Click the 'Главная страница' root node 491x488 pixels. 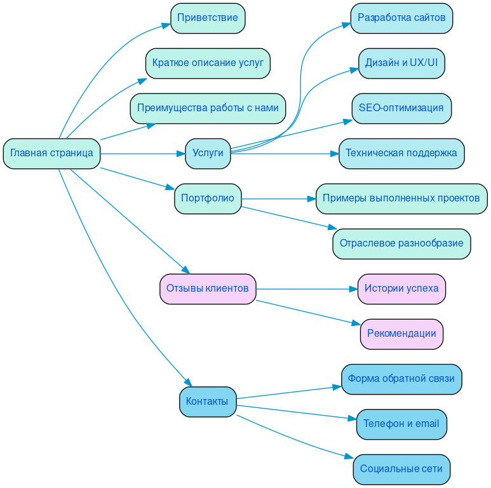pyautogui.click(x=51, y=153)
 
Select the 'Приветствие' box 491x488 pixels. pyautogui.click(x=208, y=18)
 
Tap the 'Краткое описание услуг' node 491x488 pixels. pyautogui.click(x=208, y=63)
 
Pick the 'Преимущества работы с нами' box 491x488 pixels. pyautogui.click(x=208, y=108)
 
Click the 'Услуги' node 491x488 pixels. pyautogui.click(x=208, y=153)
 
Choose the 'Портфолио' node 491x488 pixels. pyautogui.click(x=208, y=198)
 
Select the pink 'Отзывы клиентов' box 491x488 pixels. pyautogui.click(x=208, y=288)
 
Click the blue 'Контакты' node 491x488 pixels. pyautogui.click(x=208, y=402)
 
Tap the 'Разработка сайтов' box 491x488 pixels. pyautogui.click(x=401, y=18)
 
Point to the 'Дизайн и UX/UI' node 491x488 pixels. pyautogui.click(x=401, y=63)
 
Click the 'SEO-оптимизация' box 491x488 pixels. pyautogui.click(x=401, y=108)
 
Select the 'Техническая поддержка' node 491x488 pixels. pyautogui.click(x=401, y=153)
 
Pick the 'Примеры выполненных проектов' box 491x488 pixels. pyautogui.click(x=401, y=198)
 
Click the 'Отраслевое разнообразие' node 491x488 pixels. pyautogui.click(x=401, y=243)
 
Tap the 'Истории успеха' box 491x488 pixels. pyautogui.click(x=401, y=288)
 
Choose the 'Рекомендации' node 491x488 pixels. pyautogui.click(x=401, y=334)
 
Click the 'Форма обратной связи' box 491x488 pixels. pyautogui.click(x=401, y=379)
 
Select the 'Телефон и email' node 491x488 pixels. pyautogui.click(x=401, y=424)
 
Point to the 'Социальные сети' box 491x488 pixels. pyautogui.click(x=401, y=469)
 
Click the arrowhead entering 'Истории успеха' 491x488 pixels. pyautogui.click(x=353, y=289)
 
